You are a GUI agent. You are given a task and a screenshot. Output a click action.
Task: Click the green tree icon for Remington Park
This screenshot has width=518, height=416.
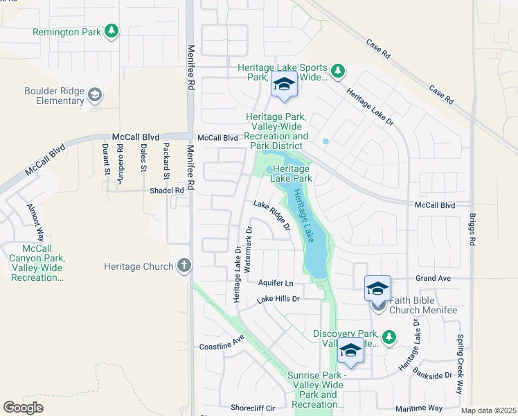[x=111, y=32]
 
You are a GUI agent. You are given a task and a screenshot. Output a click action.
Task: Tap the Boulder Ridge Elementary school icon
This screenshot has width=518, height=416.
[x=95, y=95]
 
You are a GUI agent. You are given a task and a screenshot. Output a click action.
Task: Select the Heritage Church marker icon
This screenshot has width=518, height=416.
[x=184, y=266]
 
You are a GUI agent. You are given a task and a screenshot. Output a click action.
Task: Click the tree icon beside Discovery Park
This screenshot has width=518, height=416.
[x=389, y=337]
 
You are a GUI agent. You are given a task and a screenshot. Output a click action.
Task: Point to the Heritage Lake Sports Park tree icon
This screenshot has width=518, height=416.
[x=337, y=71]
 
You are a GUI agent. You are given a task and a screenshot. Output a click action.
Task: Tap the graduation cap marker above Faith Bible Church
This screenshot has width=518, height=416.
[x=378, y=288]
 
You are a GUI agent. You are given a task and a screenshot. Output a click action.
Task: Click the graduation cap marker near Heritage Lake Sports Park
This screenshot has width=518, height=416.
[x=283, y=85]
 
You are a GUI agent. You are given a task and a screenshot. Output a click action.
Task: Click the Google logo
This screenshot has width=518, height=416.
[x=23, y=408]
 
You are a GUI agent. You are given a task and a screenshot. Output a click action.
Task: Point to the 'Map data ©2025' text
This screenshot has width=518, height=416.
[x=488, y=410]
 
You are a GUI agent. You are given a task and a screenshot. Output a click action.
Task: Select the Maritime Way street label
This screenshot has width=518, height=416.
[x=418, y=408]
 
